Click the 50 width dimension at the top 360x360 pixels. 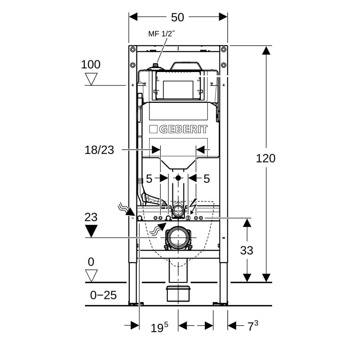click(178, 17)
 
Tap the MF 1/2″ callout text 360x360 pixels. click(162, 34)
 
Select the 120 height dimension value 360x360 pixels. click(266, 158)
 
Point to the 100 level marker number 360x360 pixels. click(91, 64)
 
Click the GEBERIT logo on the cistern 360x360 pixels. click(178, 129)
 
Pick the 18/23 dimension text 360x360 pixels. click(99, 150)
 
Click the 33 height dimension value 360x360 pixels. click(246, 250)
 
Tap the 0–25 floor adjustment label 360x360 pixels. click(103, 295)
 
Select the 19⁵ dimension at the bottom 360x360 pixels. click(159, 327)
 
